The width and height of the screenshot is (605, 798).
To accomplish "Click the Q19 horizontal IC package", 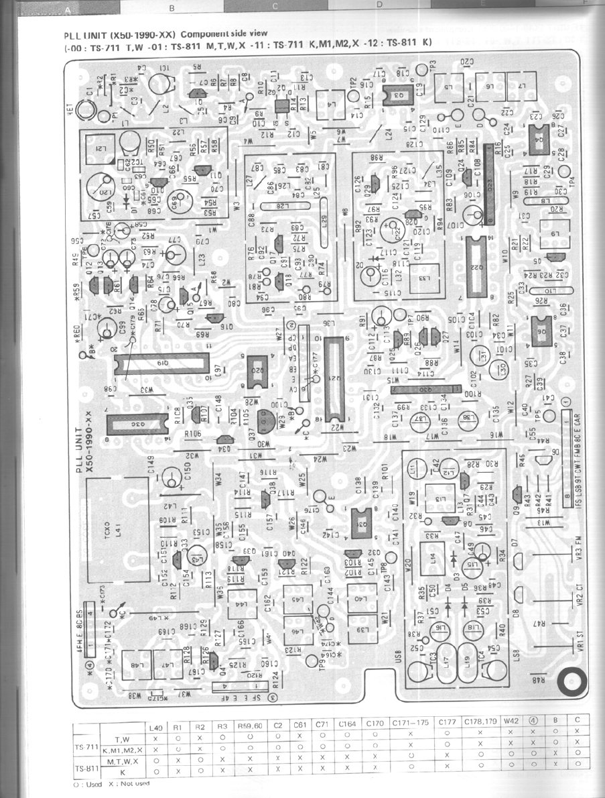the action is (159, 363).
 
